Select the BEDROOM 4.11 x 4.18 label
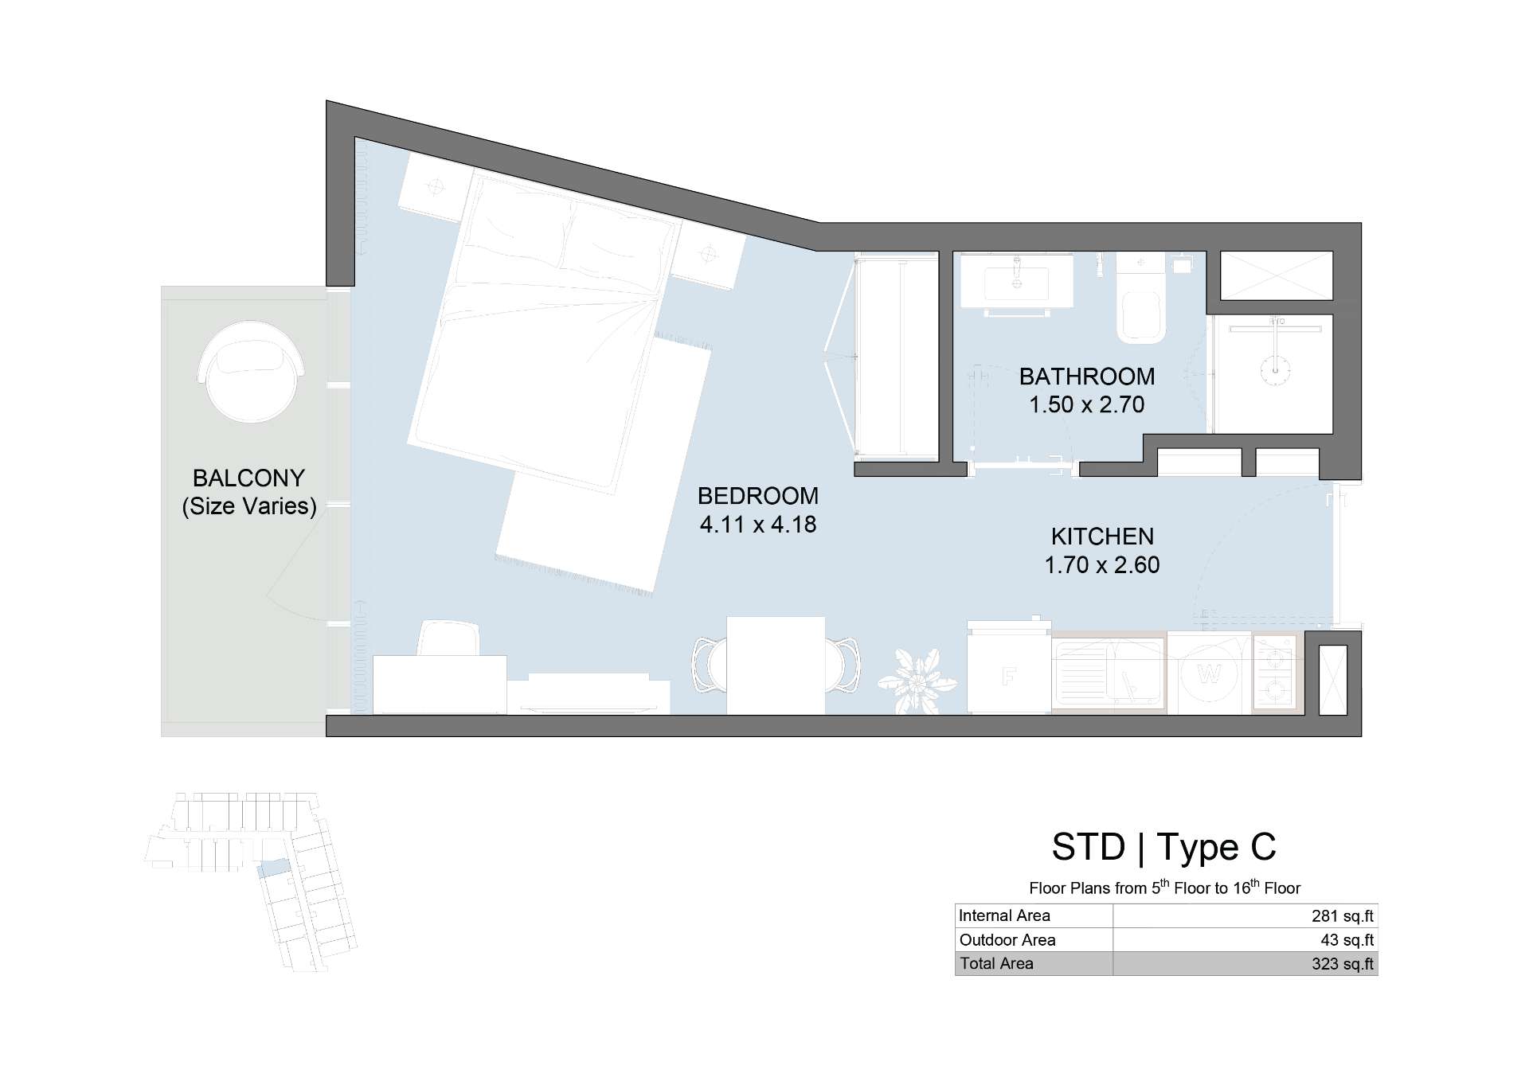point(758,510)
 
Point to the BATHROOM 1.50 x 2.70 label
point(1087,390)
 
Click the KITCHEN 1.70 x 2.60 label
point(1102,550)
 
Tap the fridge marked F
point(1009,669)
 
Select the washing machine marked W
point(1209,673)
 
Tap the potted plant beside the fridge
point(917,681)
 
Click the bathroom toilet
point(1140,298)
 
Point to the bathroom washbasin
point(1016,280)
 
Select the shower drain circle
point(1276,369)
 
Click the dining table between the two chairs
point(776,665)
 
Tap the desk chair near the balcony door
point(448,638)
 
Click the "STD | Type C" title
point(1163,847)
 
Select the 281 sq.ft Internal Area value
point(1343,916)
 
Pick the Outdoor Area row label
point(1007,940)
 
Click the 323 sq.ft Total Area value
point(1343,964)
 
